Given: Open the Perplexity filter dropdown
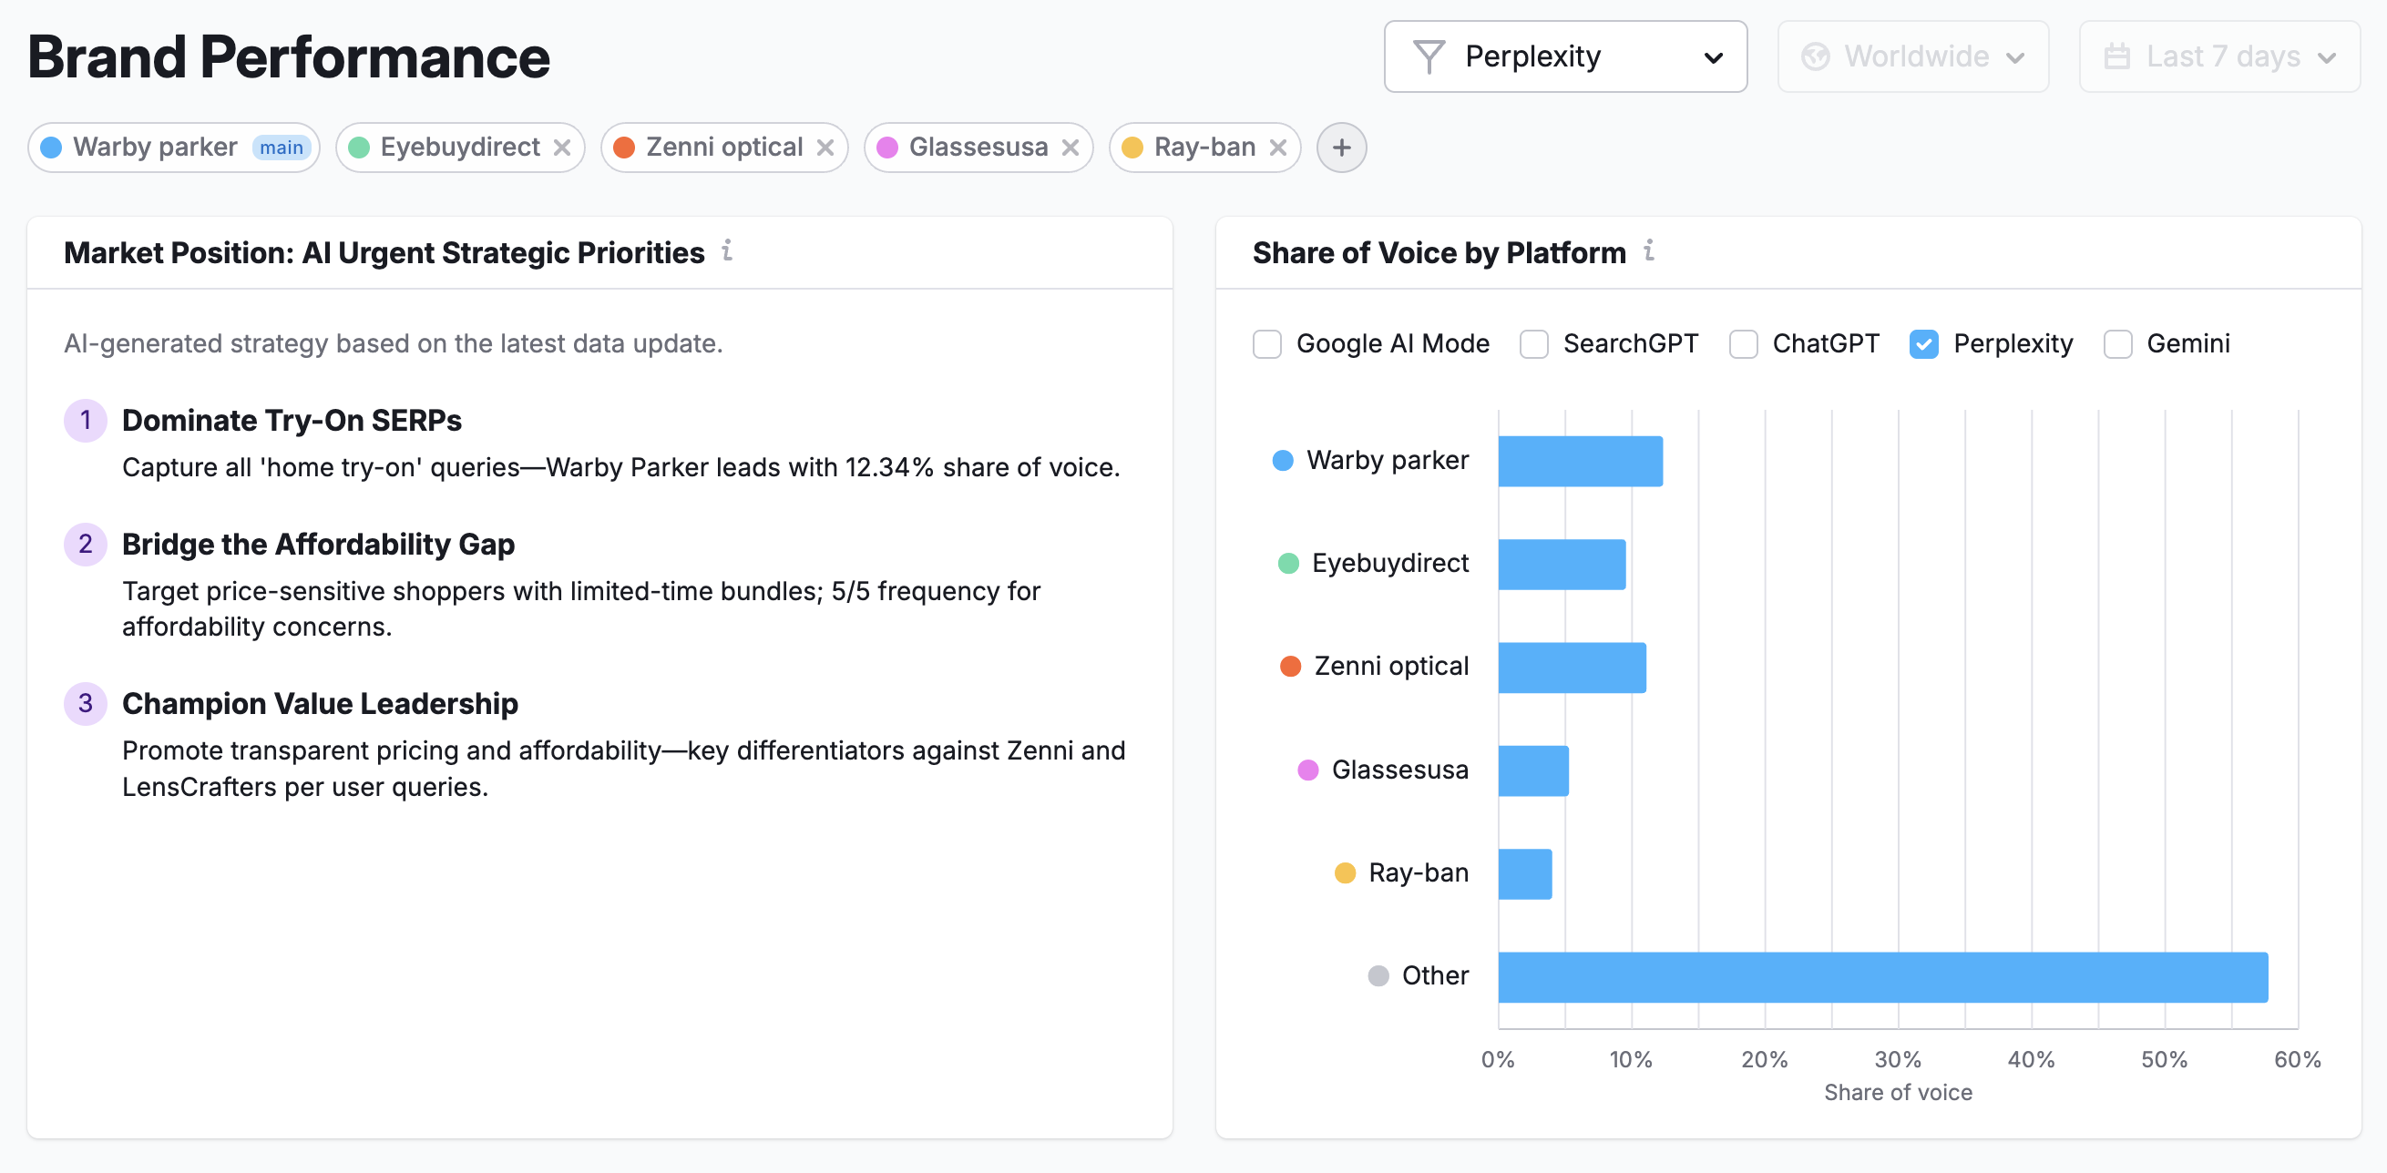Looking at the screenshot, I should [x=1564, y=56].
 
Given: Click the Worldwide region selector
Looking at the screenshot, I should [x=1912, y=56].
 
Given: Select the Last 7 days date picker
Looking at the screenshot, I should [x=2218, y=56].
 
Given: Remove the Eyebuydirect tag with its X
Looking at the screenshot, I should [x=561, y=148].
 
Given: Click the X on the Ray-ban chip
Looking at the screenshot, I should [x=1278, y=148].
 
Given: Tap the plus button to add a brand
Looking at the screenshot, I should [x=1341, y=148].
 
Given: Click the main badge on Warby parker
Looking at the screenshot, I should [x=281, y=148].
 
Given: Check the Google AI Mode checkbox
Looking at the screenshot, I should [x=1266, y=343].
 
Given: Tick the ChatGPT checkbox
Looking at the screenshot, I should [x=1743, y=343].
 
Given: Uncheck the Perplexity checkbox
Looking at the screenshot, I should [x=1923, y=343].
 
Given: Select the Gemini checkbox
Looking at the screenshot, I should [x=2117, y=343].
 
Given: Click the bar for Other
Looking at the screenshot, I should [x=1881, y=976].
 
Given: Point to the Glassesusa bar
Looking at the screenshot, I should [x=1532, y=770].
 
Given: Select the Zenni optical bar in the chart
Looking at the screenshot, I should [x=1571, y=668].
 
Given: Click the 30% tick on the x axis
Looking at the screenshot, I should [x=1897, y=1059].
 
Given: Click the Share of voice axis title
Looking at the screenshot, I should [x=1897, y=1092].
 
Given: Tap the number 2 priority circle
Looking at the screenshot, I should [x=86, y=544].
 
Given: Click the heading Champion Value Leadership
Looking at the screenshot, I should [x=320, y=703].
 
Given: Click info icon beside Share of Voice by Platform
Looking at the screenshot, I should [x=1648, y=250].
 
